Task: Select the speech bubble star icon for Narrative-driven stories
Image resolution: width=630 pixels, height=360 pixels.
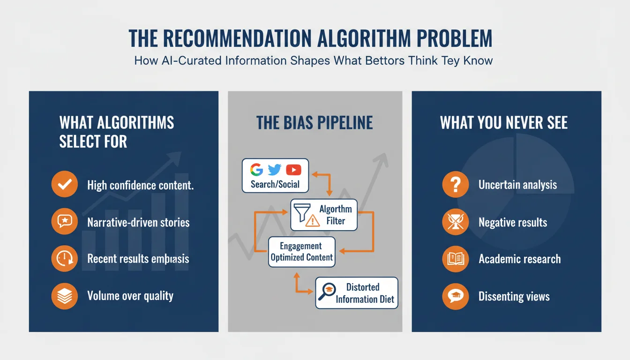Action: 64,222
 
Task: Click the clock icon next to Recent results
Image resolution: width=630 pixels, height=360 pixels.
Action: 64,258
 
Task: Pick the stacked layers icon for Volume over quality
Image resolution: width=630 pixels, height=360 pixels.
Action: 64,296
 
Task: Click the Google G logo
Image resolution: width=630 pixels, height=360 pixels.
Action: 256,170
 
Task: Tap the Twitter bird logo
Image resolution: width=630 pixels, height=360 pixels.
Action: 274,170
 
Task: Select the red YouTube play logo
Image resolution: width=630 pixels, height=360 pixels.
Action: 293,170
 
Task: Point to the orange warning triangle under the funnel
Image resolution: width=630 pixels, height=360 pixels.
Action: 312,221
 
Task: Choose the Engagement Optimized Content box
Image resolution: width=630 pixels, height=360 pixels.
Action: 301,252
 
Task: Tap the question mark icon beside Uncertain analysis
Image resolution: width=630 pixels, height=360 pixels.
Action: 455,184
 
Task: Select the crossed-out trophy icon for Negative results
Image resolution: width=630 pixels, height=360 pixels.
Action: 455,222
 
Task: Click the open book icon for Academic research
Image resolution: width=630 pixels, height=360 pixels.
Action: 455,259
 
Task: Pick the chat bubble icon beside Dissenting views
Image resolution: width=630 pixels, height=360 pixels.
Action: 455,296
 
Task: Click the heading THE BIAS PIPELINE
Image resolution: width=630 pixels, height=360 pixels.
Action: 315,123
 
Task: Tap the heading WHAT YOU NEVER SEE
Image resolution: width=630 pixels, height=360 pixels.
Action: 503,123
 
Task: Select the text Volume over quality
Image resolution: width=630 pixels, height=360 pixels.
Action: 130,296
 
